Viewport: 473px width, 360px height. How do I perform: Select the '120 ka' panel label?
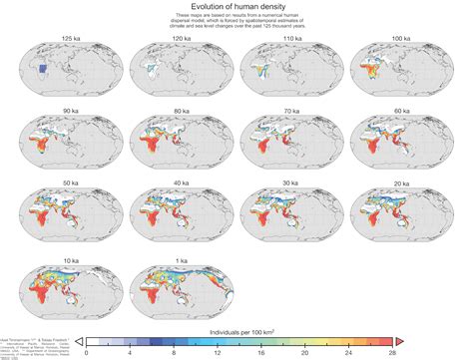click(x=173, y=36)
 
